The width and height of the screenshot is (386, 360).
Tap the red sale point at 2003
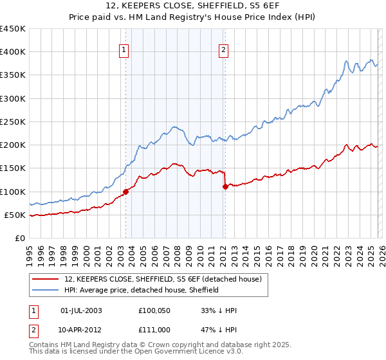coord(126,192)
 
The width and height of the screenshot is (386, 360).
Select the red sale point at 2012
coord(225,186)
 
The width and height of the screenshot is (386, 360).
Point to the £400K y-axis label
coord(13,52)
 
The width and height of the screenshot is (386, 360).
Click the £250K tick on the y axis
coord(13,122)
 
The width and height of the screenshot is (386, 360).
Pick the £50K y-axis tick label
coord(15,215)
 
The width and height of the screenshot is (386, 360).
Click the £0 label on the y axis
coord(19,239)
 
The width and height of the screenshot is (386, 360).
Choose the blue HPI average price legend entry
coord(142,291)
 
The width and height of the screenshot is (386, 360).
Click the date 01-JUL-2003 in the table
coord(81,310)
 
